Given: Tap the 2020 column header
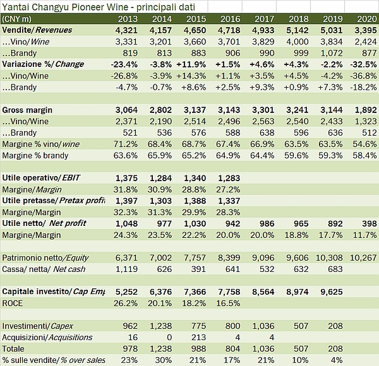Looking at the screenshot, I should (x=367, y=20).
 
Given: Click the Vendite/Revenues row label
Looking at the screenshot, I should (x=38, y=30).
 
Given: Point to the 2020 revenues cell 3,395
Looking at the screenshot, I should (x=366, y=30).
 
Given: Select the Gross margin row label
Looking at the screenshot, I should (x=28, y=110).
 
